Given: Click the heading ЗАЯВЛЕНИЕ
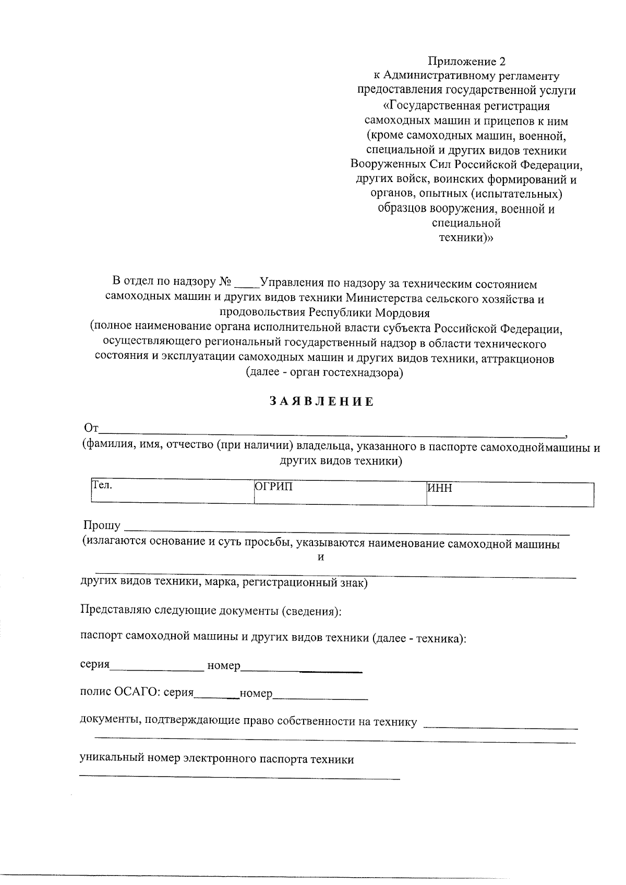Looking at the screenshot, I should [x=322, y=402].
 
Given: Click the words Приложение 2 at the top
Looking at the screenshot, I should [x=467, y=62].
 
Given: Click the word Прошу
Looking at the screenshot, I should [x=102, y=526].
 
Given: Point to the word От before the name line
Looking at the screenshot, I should [x=91, y=429].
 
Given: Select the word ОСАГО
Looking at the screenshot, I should [x=137, y=693].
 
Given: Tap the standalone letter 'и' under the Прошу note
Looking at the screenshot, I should [x=321, y=557].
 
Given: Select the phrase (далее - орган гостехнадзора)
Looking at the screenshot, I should [x=324, y=373].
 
